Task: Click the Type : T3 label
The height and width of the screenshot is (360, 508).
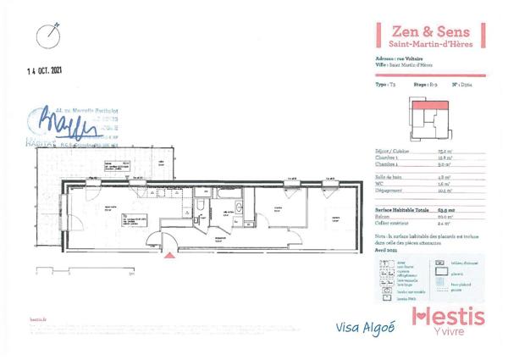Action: (385, 85)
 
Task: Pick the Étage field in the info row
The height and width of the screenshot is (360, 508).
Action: (422, 85)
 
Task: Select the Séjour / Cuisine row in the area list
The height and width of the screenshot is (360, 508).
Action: (398, 150)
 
